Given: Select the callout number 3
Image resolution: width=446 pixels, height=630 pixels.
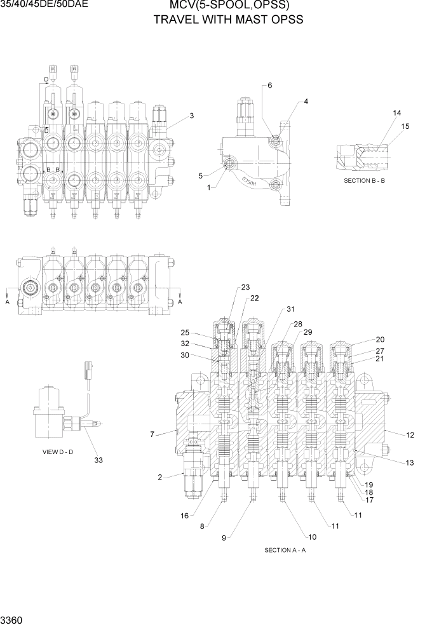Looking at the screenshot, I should click(x=191, y=116).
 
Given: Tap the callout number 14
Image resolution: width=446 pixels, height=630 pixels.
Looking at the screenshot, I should click(x=397, y=113).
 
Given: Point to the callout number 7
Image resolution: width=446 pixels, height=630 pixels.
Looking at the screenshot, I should click(x=152, y=434).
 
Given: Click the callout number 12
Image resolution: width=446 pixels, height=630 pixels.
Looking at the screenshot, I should click(x=410, y=435).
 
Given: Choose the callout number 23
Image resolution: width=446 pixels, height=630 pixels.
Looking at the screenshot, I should click(x=246, y=287).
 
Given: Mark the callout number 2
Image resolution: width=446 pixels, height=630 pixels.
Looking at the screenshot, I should click(x=160, y=477).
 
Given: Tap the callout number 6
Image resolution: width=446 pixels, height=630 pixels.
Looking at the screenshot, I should click(x=269, y=85).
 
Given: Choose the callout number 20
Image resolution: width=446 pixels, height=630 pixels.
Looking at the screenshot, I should click(x=381, y=340).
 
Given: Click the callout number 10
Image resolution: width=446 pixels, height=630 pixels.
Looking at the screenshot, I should click(x=312, y=537).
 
